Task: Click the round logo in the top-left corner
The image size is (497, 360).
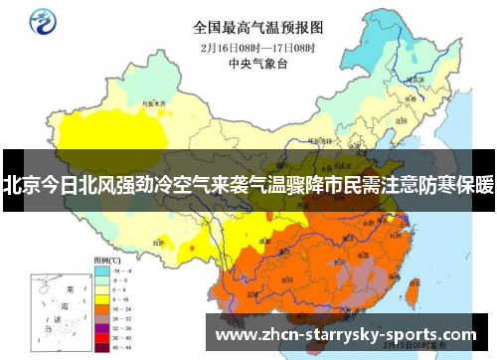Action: click(44, 21)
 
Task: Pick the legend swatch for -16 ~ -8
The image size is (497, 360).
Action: click(99, 270)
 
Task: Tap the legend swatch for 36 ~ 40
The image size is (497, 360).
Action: click(99, 337)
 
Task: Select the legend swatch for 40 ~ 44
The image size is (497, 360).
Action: click(99, 347)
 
